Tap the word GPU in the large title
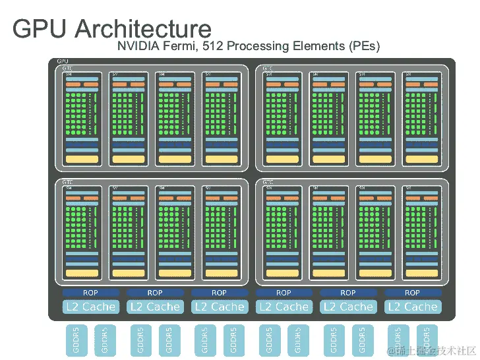(41, 28)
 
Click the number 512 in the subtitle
(214, 46)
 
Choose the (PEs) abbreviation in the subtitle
(361, 46)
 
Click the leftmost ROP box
(90, 293)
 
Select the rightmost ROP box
(412, 293)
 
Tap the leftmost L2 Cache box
(90, 307)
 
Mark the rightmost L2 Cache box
(412, 307)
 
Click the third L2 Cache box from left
(219, 307)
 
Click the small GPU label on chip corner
(63, 61)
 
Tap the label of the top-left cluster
(67, 68)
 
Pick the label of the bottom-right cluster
(268, 181)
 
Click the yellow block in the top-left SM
(82, 159)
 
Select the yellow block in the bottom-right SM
(421, 273)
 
